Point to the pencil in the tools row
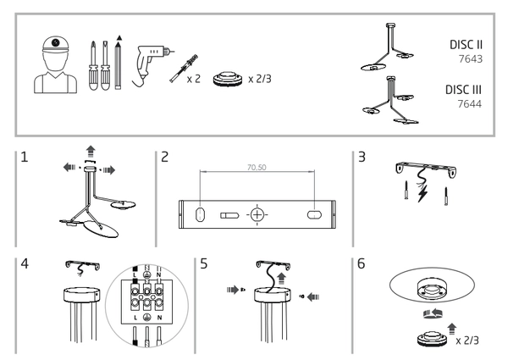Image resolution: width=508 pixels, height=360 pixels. pos(119,63)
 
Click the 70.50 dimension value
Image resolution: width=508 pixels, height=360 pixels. pos(255,168)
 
